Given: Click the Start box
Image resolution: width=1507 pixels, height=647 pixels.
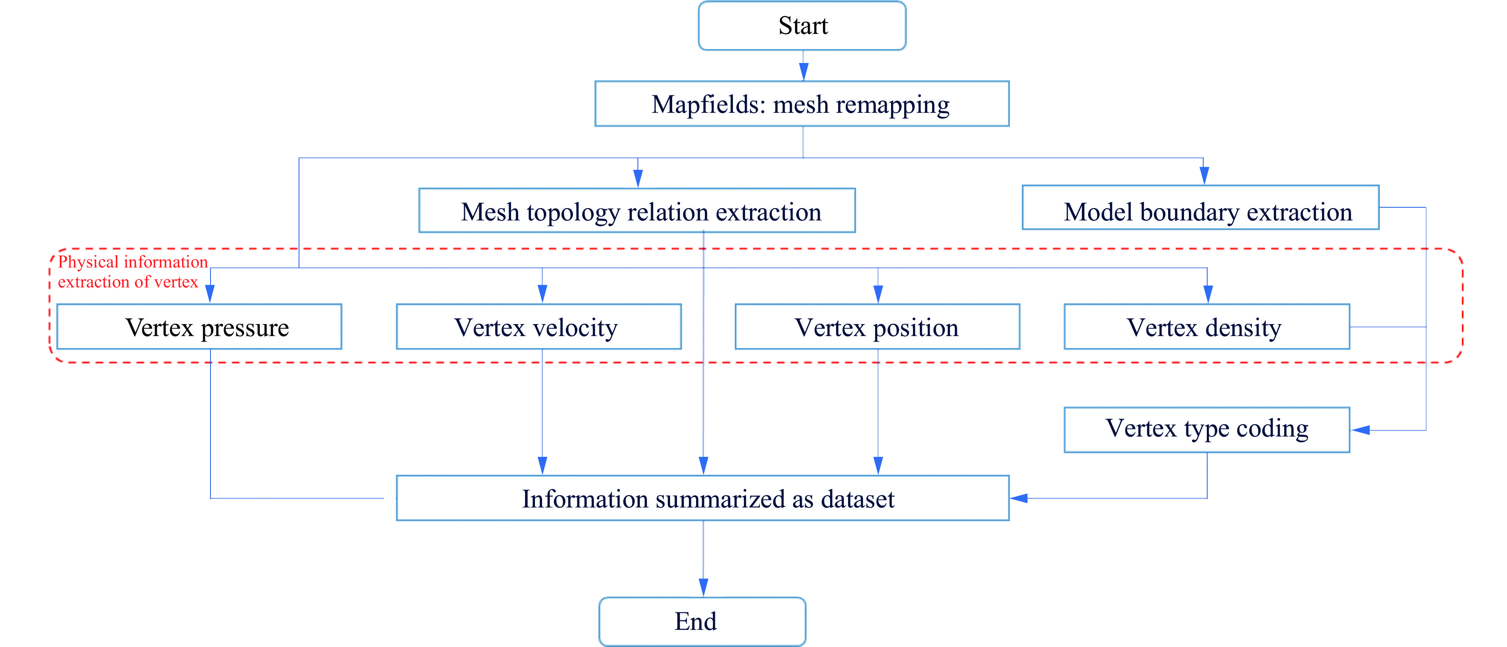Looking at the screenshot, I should pos(802,26).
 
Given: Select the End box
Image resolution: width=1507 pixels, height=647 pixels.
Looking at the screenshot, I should pos(702,621).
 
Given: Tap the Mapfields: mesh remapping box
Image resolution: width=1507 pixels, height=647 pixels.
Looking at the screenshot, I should pos(801,104).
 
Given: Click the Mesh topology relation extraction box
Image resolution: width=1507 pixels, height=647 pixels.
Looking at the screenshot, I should pos(637,211).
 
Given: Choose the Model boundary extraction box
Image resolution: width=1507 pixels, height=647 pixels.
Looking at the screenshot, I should pos(1200,208).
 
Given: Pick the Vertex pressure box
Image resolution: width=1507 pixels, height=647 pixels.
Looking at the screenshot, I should pos(199,327).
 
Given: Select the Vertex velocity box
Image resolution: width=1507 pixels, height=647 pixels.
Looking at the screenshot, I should pos(539,327).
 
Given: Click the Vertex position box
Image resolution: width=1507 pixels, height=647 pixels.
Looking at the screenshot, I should pos(877,327).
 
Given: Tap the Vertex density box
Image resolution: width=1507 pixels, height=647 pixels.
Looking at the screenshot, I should pos(1206,327).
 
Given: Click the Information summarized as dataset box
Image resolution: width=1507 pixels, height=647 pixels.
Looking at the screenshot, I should pos(702,498).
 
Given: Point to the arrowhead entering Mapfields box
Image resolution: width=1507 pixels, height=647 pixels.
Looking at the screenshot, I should pos(803,71).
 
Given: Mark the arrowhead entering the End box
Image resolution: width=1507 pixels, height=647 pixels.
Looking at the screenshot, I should pos(703,587).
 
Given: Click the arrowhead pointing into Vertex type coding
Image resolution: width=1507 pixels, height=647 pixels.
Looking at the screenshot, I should pos(1361,431).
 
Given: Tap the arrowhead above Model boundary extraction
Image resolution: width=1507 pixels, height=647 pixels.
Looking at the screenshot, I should pos(1204,175).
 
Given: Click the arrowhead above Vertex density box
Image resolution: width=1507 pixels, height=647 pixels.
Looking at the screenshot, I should pos(1208,294).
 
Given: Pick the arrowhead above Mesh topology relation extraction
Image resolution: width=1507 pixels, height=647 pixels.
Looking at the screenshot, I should pos(637,178).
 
